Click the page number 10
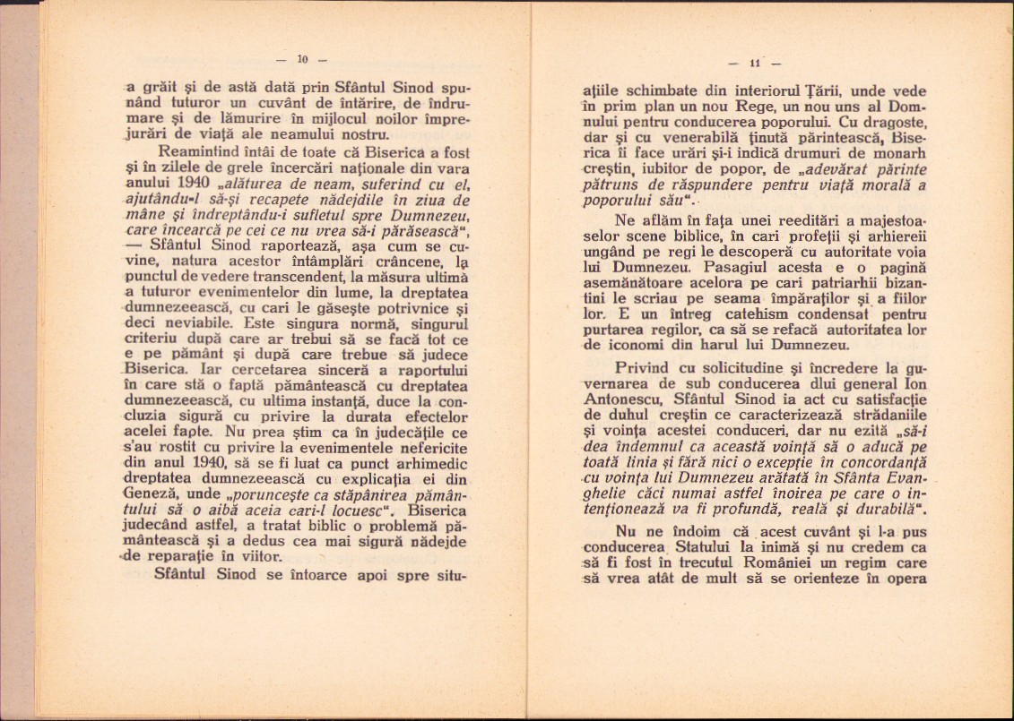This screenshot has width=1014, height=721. (303, 60)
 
